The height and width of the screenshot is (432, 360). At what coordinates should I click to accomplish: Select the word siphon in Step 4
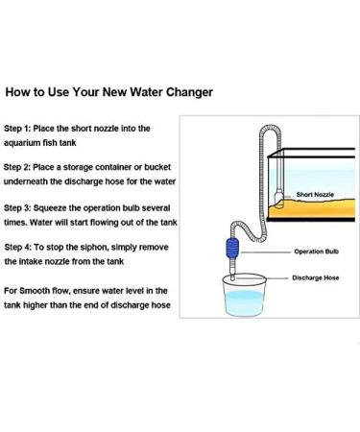click(109, 248)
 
